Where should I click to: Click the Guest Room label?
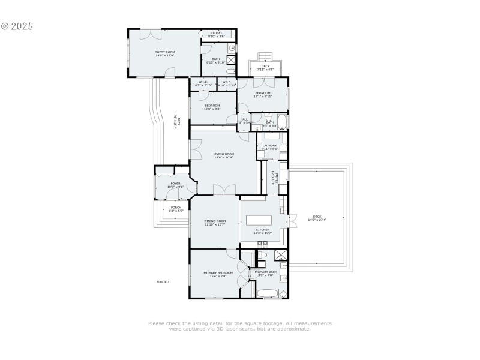tap(165, 53)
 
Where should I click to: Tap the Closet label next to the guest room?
tap(216, 35)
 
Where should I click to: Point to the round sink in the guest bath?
tap(232, 47)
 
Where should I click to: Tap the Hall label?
tap(244, 121)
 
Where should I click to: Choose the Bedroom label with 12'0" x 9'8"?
tap(212, 107)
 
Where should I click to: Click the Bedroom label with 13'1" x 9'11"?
tap(263, 94)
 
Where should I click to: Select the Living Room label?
tap(223, 155)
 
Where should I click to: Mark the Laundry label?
tap(269, 146)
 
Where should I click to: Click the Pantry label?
tap(273, 178)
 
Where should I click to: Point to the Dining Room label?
tap(215, 222)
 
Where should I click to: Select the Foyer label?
tap(175, 185)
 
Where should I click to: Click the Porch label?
tap(175, 209)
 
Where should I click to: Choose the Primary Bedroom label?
tap(218, 274)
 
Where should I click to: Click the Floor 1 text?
tap(163, 281)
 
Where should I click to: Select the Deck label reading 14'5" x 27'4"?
tap(317, 218)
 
